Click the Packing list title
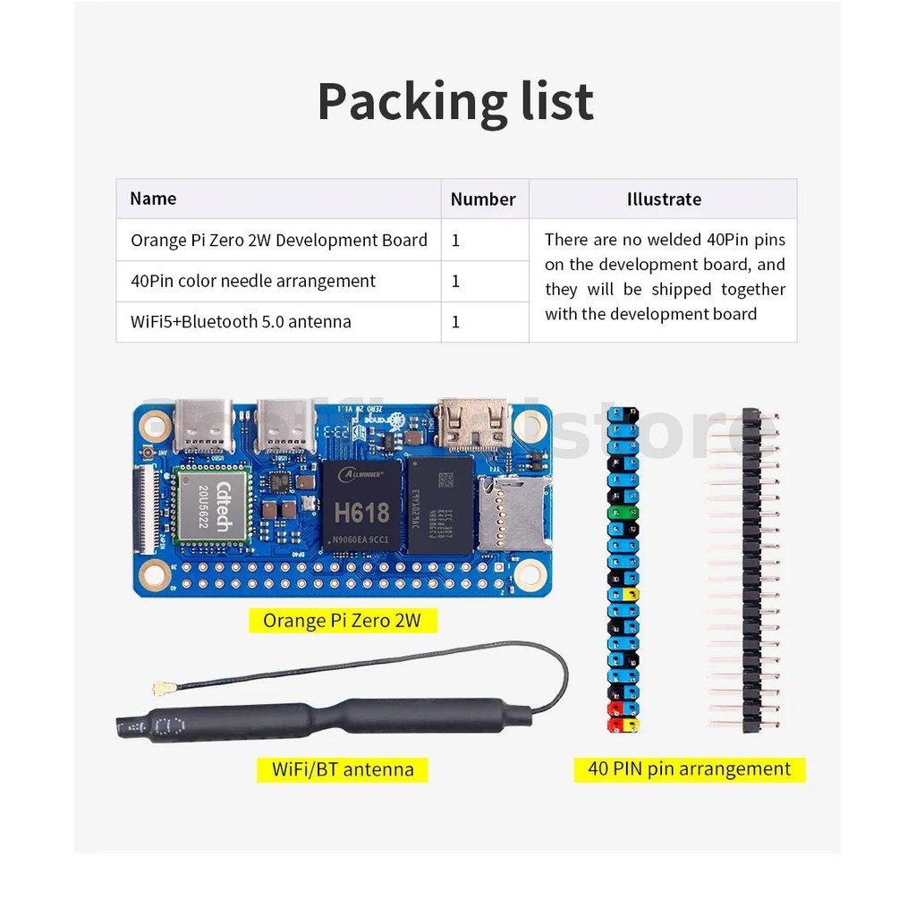(x=455, y=102)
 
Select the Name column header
(x=153, y=199)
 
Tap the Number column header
(x=483, y=199)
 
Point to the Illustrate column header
(x=664, y=199)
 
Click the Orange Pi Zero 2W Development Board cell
(x=279, y=240)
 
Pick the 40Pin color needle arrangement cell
(x=253, y=281)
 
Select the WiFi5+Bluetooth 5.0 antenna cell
(x=241, y=321)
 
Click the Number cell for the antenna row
(x=456, y=321)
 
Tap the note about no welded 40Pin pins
(x=665, y=276)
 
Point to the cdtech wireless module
(x=212, y=505)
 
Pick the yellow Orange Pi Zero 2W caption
(x=342, y=620)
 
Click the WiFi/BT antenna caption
(x=343, y=768)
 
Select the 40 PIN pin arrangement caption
(x=689, y=768)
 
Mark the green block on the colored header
(x=623, y=513)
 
